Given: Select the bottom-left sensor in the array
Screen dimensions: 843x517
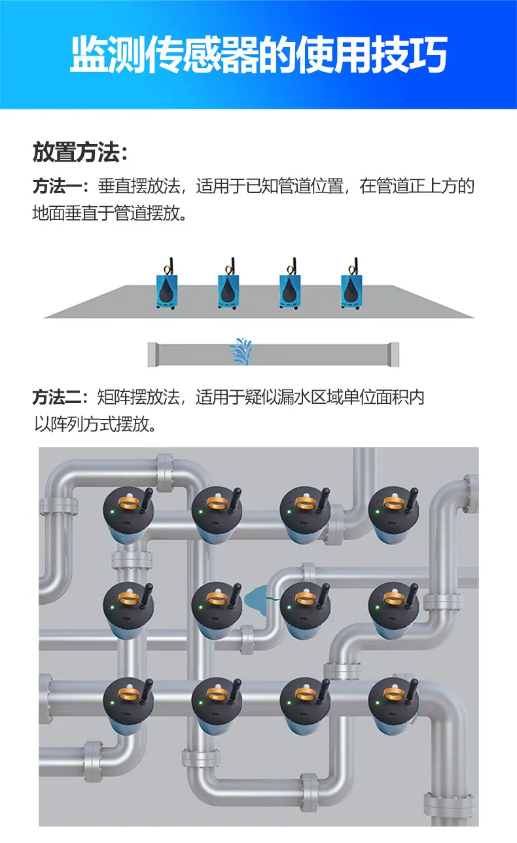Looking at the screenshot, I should point(128,707).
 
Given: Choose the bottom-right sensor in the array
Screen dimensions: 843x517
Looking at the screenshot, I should point(394,707).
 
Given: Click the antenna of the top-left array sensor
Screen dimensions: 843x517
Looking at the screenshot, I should point(148,499).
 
